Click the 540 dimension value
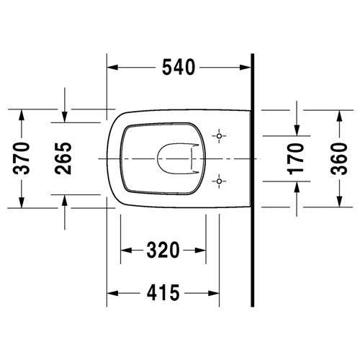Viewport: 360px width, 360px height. (x=179, y=68)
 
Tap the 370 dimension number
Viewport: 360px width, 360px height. (x=22, y=158)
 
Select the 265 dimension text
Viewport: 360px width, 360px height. (x=63, y=158)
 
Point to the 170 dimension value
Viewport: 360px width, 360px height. (x=296, y=158)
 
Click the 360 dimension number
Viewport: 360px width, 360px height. (x=339, y=158)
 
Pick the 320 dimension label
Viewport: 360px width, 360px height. (x=163, y=251)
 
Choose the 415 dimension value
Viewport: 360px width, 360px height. (x=163, y=293)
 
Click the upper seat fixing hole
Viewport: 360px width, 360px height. (x=219, y=136)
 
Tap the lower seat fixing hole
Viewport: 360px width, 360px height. (x=219, y=181)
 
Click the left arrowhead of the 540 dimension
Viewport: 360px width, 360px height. (x=112, y=68)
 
